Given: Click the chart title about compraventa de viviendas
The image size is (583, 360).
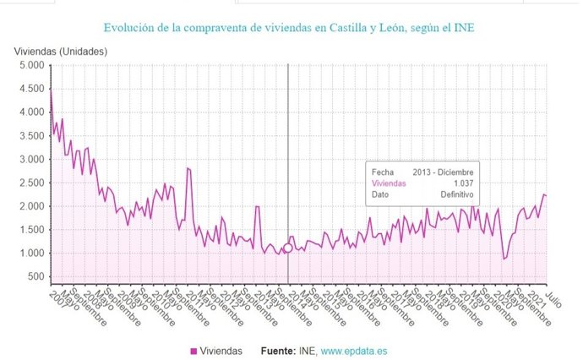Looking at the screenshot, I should click(x=290, y=29).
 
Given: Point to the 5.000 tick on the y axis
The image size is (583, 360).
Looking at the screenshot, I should click(x=30, y=65).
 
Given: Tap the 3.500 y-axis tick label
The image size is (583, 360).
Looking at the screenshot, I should click(x=30, y=135).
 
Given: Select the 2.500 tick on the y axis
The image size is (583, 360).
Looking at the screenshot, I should click(x=30, y=183).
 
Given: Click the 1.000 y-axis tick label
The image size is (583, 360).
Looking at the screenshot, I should click(x=30, y=254).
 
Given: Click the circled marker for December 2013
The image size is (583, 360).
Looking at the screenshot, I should click(x=288, y=248).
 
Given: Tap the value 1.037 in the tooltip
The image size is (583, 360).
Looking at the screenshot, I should click(x=462, y=183).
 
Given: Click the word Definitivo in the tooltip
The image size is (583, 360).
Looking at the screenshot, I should click(x=455, y=194).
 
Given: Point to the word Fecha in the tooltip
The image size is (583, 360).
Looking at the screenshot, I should click(x=382, y=171).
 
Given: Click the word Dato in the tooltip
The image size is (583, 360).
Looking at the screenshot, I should click(x=380, y=194).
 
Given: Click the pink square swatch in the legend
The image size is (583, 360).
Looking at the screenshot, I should click(x=193, y=351).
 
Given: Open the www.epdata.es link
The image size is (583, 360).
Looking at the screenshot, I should click(x=356, y=351).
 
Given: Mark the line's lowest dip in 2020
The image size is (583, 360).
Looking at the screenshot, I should click(x=504, y=259).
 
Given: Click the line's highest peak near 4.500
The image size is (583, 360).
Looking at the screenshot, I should click(x=51, y=90).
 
